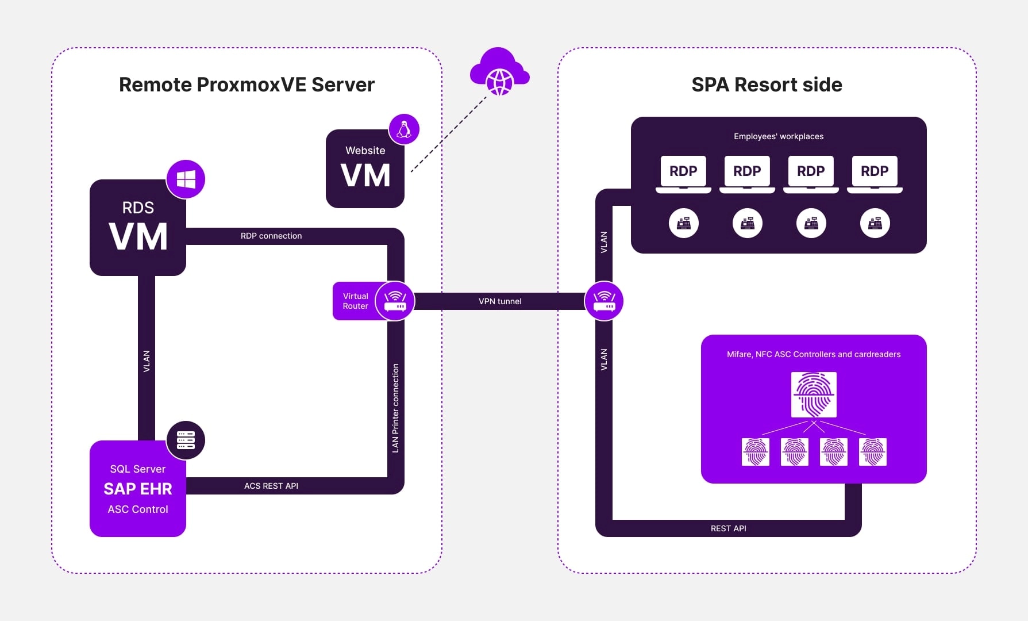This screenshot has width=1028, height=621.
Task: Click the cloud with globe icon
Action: (x=499, y=73)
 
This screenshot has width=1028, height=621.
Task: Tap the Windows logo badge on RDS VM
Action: (x=186, y=179)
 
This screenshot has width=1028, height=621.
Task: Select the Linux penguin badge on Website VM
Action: (x=404, y=129)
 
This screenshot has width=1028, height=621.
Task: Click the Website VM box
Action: (x=365, y=169)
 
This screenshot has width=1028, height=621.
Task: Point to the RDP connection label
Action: (x=271, y=236)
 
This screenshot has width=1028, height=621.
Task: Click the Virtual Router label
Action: (x=355, y=301)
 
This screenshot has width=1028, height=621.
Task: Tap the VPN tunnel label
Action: (x=500, y=301)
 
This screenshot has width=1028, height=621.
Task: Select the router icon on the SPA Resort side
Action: (x=604, y=301)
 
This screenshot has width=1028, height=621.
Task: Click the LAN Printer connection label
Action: (x=395, y=408)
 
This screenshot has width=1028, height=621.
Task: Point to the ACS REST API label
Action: (x=271, y=486)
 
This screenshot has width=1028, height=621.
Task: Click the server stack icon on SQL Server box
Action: (x=186, y=440)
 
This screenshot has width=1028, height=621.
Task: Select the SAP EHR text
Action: (x=138, y=489)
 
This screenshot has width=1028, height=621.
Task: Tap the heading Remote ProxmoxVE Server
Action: (x=247, y=85)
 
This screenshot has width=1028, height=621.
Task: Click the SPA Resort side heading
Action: (x=767, y=85)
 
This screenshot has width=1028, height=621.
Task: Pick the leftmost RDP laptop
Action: (x=683, y=172)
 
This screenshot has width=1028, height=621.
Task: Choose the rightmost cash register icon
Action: (x=875, y=223)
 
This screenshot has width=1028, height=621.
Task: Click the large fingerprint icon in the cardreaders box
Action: (x=814, y=394)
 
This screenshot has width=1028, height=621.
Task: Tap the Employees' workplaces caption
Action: (x=778, y=136)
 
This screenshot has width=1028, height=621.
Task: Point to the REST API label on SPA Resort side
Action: (x=728, y=528)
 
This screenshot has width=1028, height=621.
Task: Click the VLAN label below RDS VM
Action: (x=147, y=361)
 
